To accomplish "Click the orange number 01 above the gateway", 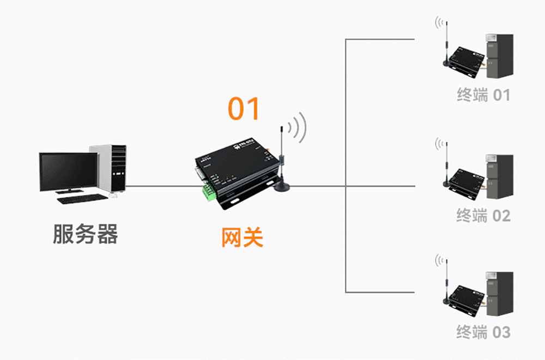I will point(244,108).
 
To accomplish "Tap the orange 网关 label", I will point(242,237).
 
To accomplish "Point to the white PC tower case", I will point(112,168).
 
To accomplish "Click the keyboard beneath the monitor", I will point(82,199).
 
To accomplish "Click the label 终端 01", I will point(483,95).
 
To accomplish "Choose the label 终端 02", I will point(483,216).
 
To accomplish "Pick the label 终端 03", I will point(483,332).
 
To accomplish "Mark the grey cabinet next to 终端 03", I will point(499,294).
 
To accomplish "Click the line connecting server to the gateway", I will point(161,186).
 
